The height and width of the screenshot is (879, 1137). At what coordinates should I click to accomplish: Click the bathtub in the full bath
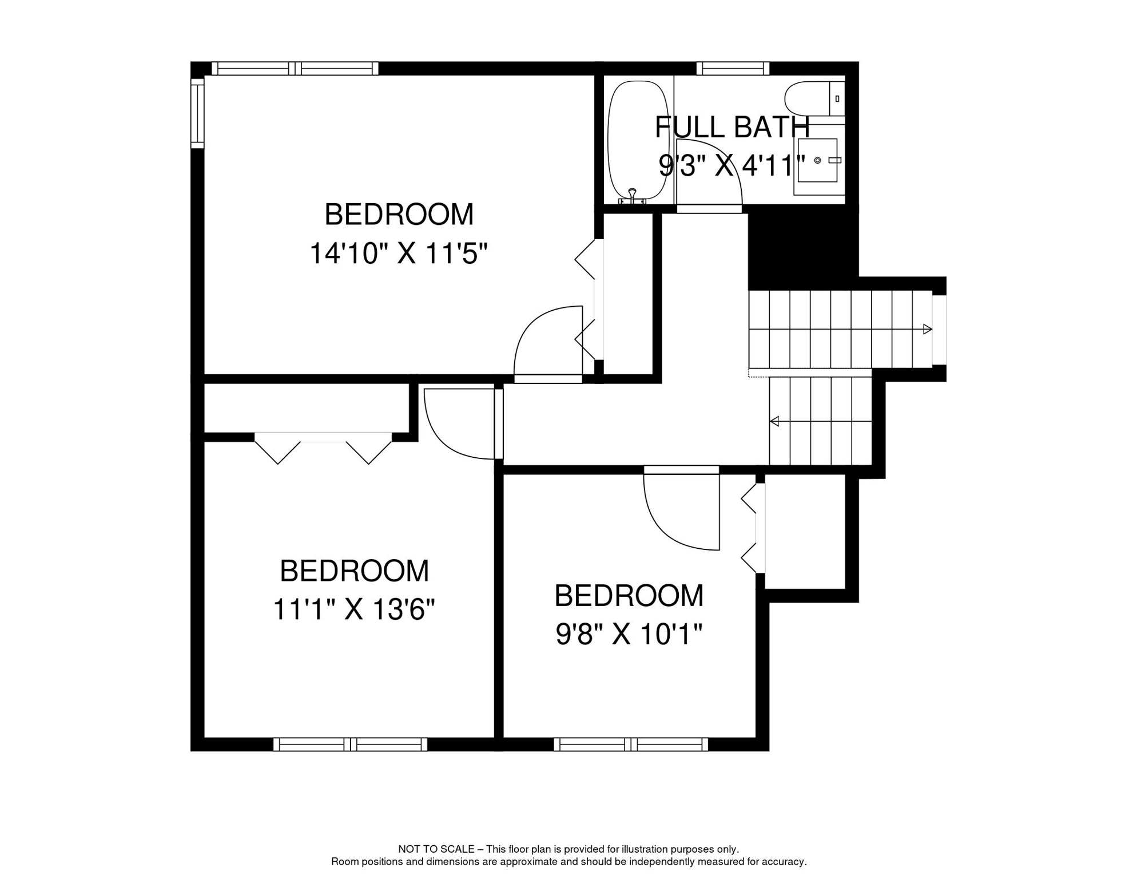point(638,140)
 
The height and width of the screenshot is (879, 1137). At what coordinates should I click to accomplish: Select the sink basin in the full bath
point(818,161)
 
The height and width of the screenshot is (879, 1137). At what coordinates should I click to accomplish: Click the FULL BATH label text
point(732,127)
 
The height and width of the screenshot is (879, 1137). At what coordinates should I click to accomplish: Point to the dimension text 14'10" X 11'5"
point(399,253)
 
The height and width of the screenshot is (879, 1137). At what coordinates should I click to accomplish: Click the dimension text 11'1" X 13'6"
point(354,609)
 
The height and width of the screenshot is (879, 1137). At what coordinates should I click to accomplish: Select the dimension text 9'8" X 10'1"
point(629,634)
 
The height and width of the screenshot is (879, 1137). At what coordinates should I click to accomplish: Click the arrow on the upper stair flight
point(927,329)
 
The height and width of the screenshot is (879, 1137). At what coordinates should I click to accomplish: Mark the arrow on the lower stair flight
point(775,422)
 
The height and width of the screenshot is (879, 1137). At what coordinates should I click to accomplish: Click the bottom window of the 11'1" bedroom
point(351,744)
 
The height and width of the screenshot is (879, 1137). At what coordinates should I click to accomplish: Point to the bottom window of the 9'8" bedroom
point(631,744)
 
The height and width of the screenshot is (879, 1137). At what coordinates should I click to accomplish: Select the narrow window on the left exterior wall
point(197,113)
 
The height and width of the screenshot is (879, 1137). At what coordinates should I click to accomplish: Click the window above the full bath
point(733,69)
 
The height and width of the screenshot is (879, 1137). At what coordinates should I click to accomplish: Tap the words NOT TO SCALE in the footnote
point(436,849)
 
